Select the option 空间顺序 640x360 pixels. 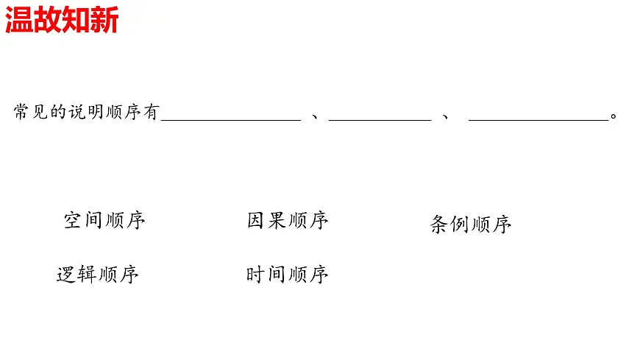tap(104, 220)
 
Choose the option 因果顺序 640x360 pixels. tap(288, 220)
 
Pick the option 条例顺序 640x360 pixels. tap(470, 225)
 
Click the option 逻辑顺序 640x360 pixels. tap(98, 275)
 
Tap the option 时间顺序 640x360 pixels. tap(287, 275)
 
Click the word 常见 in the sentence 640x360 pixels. tap(30, 112)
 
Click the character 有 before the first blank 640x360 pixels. tap(152, 112)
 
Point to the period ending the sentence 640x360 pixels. tap(614, 116)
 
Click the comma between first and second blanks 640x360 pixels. tap(315, 116)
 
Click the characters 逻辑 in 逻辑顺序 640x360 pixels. tap(77, 275)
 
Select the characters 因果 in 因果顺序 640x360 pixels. tap(266, 220)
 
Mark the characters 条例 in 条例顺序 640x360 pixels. tap(449, 225)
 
